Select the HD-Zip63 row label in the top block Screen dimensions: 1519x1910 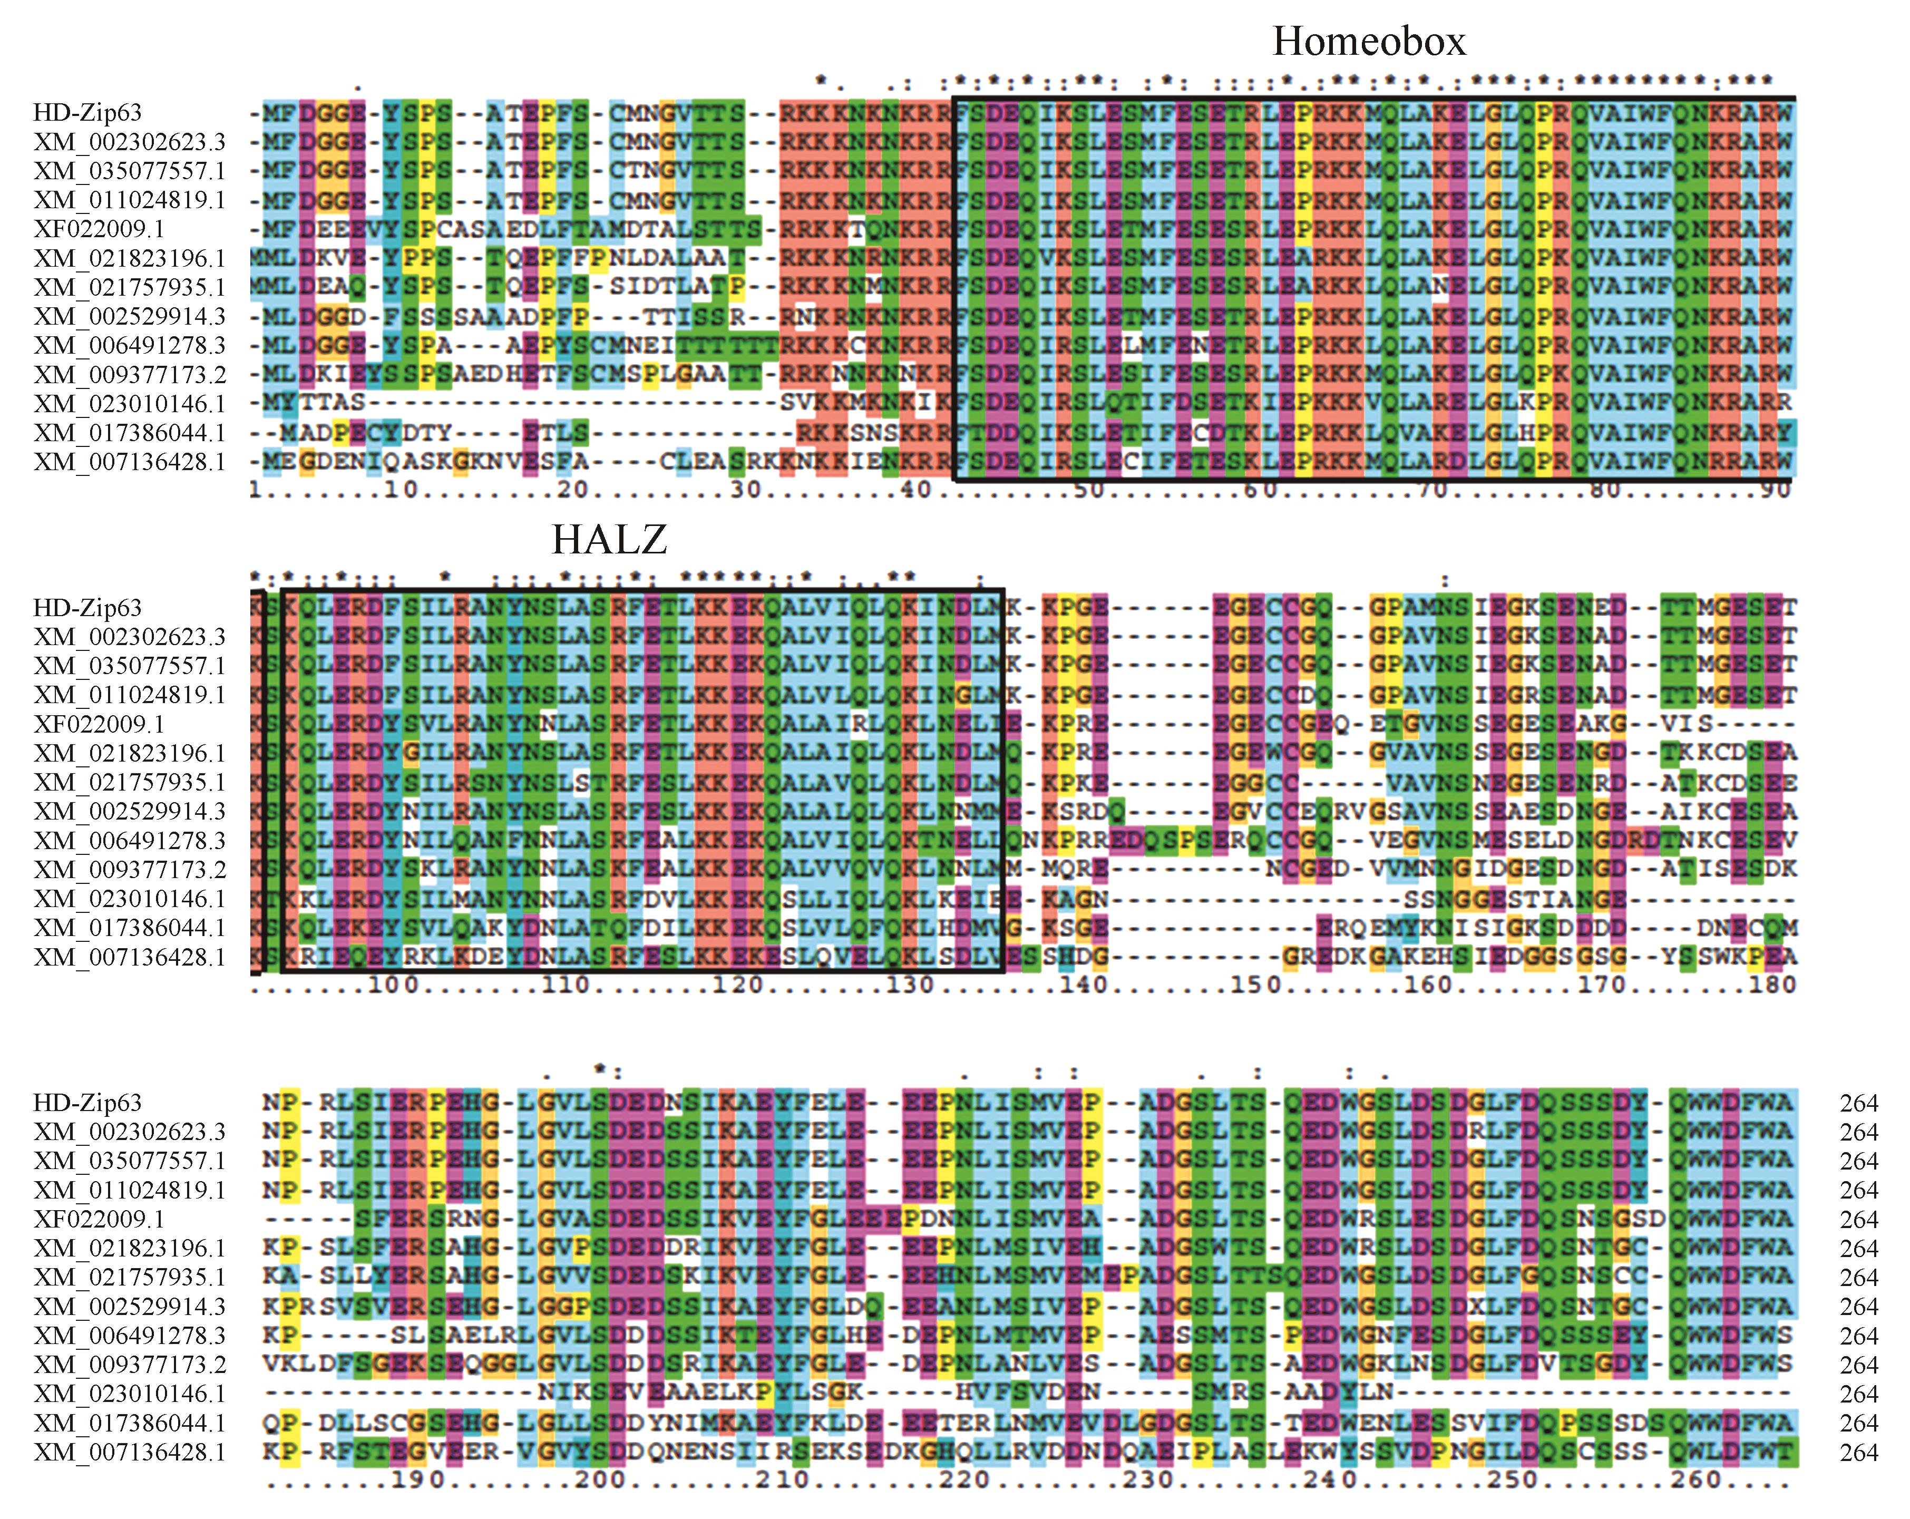pos(87,112)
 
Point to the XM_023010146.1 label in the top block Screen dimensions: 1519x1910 pos(129,404)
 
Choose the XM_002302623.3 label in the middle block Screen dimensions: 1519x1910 pos(129,637)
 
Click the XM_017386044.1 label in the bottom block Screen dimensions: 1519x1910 pos(129,1424)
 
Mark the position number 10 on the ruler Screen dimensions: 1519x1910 pos(401,490)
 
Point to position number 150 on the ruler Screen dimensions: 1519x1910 pos(1256,985)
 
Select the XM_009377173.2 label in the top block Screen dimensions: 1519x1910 pos(129,375)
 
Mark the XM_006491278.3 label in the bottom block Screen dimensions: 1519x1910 pos(129,1336)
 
